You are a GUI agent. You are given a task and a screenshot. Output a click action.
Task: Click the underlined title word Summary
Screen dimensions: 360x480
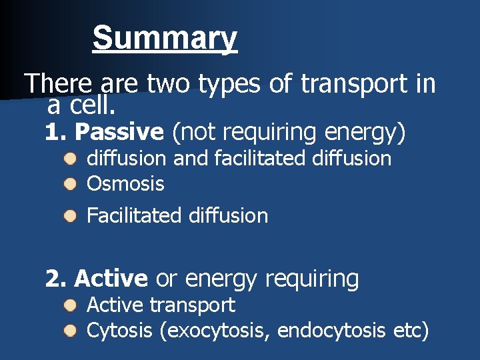tap(165, 38)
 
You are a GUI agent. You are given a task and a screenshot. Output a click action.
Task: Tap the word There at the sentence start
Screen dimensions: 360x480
tap(57, 84)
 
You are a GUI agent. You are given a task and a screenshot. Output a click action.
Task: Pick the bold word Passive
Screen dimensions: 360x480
tap(119, 133)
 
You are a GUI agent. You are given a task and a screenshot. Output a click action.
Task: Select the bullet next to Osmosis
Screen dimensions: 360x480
tap(71, 184)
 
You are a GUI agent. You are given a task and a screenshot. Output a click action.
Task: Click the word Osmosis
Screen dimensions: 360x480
tap(125, 184)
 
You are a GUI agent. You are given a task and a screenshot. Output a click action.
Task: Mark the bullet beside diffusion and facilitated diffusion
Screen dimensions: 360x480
tap(71, 159)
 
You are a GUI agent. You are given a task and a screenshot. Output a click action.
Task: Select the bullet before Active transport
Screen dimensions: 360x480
tap(71, 306)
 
